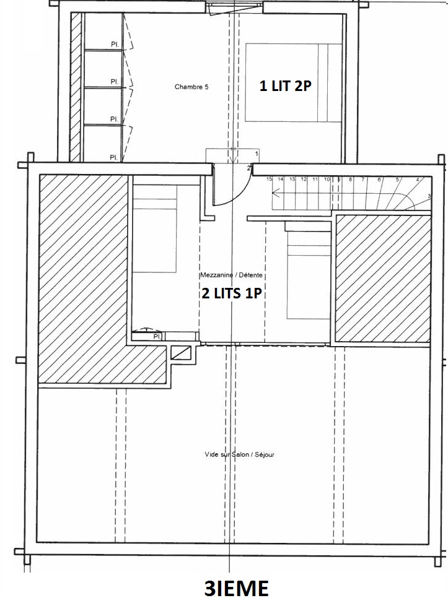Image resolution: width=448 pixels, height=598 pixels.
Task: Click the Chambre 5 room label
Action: (191, 87)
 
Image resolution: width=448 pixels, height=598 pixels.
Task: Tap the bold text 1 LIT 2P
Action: (284, 87)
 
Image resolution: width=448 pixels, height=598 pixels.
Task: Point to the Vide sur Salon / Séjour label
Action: (239, 454)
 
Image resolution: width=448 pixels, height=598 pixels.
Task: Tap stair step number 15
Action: (270, 179)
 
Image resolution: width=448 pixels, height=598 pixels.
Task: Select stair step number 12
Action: (304, 179)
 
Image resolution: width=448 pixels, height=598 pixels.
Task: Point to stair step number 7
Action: (362, 179)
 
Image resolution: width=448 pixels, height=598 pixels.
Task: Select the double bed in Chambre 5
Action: (294, 82)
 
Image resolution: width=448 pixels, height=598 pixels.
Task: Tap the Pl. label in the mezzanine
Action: (157, 336)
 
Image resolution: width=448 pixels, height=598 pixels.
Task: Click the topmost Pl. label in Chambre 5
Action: (115, 44)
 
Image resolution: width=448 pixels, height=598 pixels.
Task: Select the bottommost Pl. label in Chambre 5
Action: (114, 157)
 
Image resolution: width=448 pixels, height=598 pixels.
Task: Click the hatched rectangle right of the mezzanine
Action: (382, 278)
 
